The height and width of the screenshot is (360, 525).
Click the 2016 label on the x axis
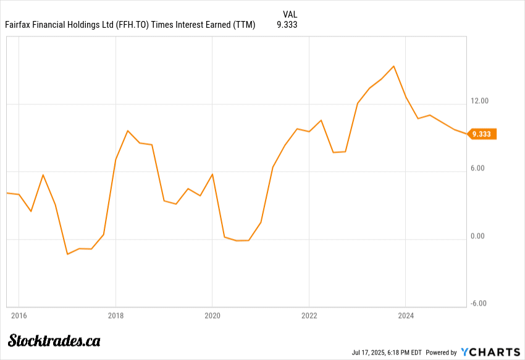pyautogui.click(x=19, y=316)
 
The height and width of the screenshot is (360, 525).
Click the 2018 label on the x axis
pyautogui.click(x=115, y=316)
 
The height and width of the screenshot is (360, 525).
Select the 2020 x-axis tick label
pyautogui.click(x=212, y=316)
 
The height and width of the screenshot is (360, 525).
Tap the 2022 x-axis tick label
pyautogui.click(x=309, y=316)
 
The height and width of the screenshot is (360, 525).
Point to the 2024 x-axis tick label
pyautogui.click(x=405, y=316)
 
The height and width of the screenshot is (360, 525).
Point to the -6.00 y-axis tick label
pyautogui.click(x=479, y=303)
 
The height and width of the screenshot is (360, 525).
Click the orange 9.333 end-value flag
pyautogui.click(x=482, y=134)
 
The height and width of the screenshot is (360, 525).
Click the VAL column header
pyautogui.click(x=290, y=14)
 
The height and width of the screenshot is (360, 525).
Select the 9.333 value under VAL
pyautogui.click(x=288, y=25)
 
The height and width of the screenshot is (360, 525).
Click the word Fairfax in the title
pyautogui.click(x=19, y=25)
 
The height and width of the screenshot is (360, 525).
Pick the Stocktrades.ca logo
pyautogui.click(x=54, y=340)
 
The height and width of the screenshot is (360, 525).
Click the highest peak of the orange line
pyautogui.click(x=393, y=66)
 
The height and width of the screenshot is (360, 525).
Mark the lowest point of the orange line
pyautogui.click(x=67, y=254)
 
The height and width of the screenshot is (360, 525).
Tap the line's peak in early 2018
pyautogui.click(x=127, y=130)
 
